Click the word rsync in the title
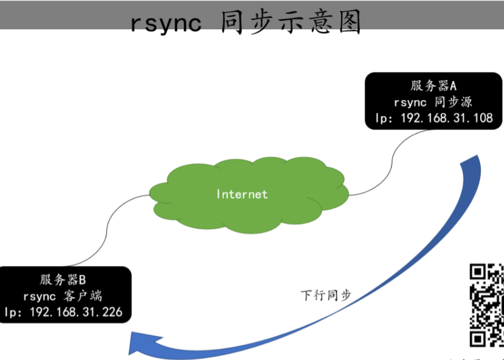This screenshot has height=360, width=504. [x=166, y=23]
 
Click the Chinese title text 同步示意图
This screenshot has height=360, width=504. [x=291, y=22]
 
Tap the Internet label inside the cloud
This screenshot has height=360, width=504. [x=242, y=194]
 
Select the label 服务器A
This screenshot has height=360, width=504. [x=433, y=86]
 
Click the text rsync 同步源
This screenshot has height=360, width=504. [x=433, y=102]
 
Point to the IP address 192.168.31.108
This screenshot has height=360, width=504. [x=447, y=118]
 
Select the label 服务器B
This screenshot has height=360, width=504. [x=63, y=280]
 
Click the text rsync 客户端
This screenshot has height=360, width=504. [x=63, y=296]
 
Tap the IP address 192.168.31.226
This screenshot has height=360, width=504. [x=76, y=312]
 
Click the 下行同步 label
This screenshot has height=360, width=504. [x=326, y=295]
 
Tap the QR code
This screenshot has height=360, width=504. [x=487, y=306]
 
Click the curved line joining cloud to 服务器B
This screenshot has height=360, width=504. [x=107, y=230]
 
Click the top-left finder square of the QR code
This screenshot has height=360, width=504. [x=478, y=272]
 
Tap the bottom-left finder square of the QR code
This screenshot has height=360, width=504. [x=478, y=338]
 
